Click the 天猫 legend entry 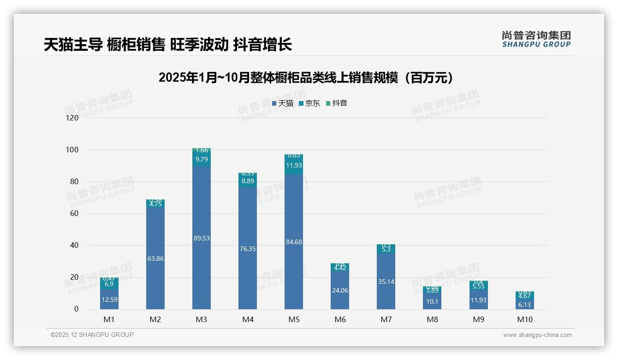point(283,103)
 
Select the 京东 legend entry point(309,103)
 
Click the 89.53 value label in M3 point(202,238)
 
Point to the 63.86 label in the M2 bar point(155,258)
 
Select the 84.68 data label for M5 point(294,242)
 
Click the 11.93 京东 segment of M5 point(294,165)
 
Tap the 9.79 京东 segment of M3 point(202,159)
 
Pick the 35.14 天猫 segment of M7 point(386,282)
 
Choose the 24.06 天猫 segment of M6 point(340,290)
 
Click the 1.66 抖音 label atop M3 point(202,150)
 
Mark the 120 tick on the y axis point(72,118)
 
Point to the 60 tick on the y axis point(74,214)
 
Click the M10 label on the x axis point(524,319)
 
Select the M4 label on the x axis point(248,319)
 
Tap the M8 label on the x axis point(432,319)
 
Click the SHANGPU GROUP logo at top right point(536,39)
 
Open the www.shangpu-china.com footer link point(537,335)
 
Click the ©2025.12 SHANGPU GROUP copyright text point(92,335)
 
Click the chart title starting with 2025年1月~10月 point(308,78)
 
